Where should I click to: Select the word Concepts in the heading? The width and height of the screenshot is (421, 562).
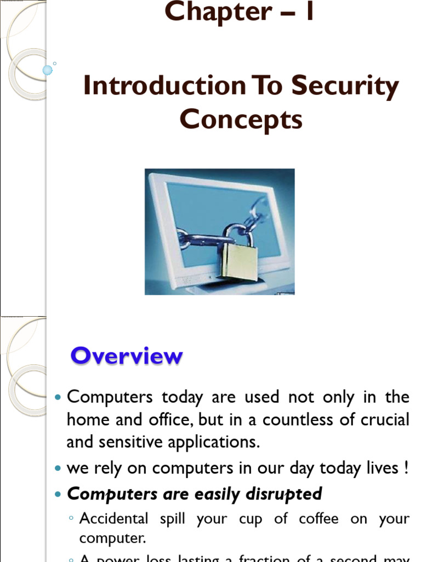pos(241,119)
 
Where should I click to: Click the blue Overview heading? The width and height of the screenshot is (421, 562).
pos(126,356)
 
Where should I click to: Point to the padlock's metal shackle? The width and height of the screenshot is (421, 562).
pos(238,234)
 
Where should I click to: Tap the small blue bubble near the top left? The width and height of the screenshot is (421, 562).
pos(48,70)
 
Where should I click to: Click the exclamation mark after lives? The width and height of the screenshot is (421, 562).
pos(406,468)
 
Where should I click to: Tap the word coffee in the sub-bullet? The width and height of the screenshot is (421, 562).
pos(317,519)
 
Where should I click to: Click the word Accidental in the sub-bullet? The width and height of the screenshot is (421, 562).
pos(114,519)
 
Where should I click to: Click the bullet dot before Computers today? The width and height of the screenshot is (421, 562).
pos(59,397)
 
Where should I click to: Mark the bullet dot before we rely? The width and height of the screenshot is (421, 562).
pos(59,469)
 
